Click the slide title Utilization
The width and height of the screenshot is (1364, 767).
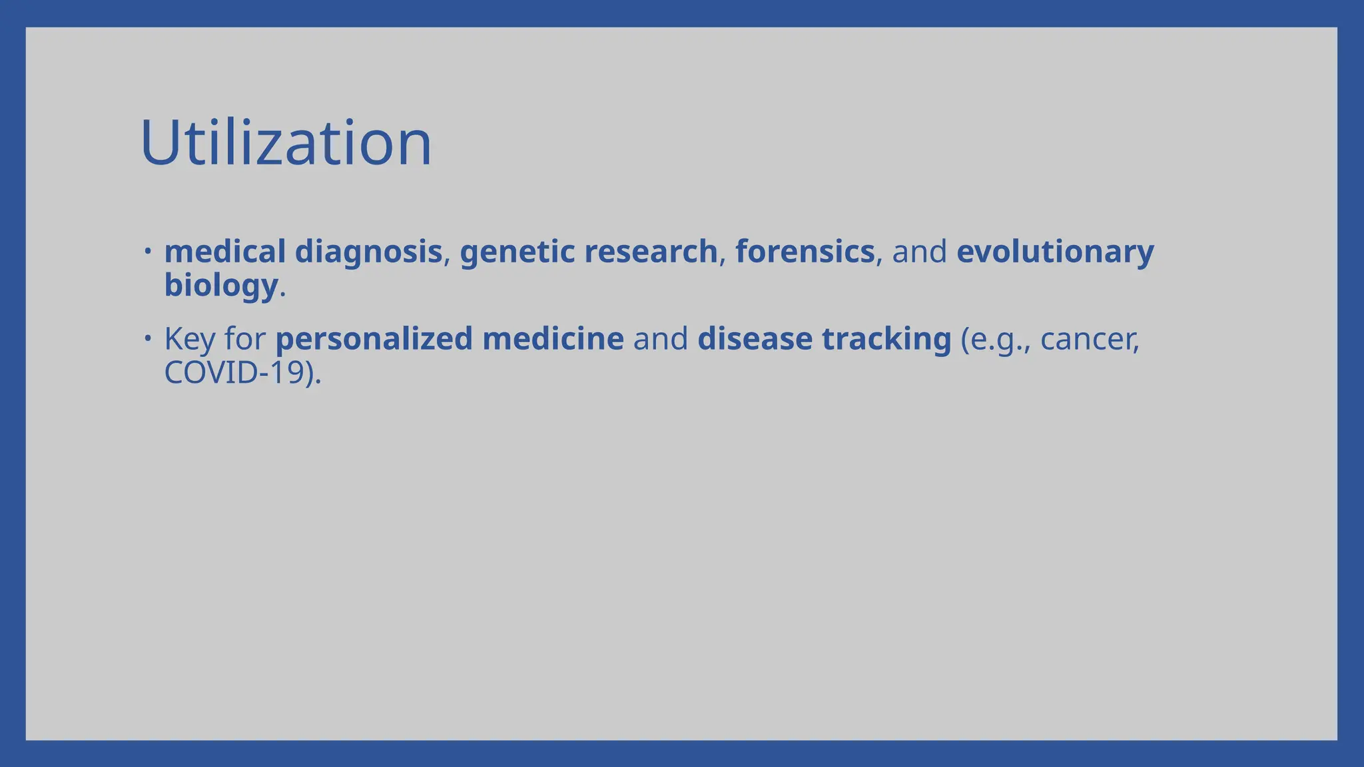(x=286, y=143)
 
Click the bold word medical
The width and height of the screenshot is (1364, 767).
(x=224, y=252)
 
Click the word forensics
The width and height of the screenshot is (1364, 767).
(x=805, y=252)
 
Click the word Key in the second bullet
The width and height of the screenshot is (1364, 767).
(x=190, y=340)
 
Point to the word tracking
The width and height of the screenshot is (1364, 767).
(x=886, y=340)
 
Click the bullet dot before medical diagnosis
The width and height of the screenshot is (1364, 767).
(x=148, y=252)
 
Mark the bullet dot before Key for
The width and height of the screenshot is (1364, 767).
(x=148, y=338)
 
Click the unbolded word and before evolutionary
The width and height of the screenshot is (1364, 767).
(x=919, y=252)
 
